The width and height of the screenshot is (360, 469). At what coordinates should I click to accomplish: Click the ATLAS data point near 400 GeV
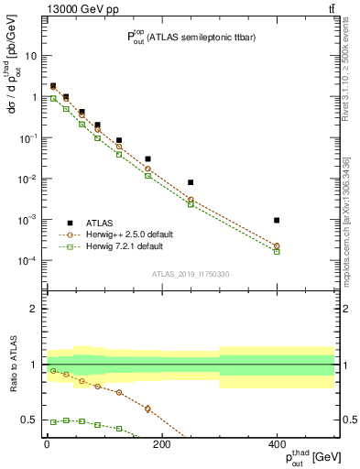277,220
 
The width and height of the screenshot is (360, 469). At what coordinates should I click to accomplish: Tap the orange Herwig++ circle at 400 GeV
277,245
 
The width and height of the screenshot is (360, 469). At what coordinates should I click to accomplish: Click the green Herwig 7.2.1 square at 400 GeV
277,251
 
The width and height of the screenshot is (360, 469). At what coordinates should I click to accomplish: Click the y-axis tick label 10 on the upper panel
31,56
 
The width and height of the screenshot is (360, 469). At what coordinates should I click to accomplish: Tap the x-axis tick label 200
161,444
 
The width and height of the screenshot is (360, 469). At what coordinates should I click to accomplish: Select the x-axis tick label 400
277,444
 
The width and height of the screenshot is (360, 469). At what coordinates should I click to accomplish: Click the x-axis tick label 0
47,444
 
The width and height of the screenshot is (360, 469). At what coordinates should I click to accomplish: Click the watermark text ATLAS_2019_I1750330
190,273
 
